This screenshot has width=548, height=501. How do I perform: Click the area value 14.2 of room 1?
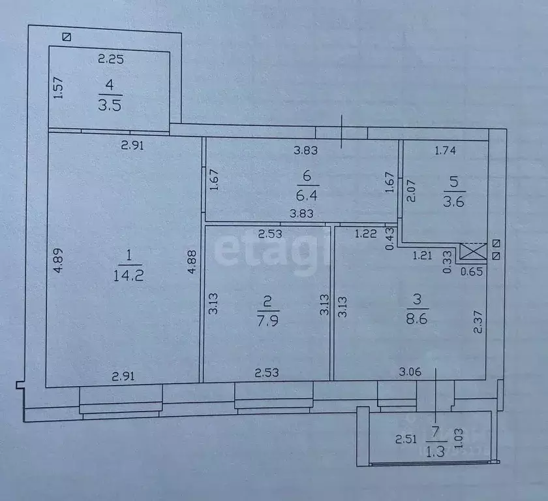(x=129, y=276)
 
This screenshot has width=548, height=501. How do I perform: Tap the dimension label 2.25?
(x=111, y=59)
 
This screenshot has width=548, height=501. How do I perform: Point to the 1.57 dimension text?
(x=58, y=88)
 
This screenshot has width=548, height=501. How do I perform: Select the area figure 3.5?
(x=110, y=105)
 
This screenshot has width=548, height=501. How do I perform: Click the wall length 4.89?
(x=58, y=260)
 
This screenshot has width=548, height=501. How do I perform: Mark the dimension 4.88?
(x=192, y=261)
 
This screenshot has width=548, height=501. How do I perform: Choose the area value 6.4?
(x=307, y=195)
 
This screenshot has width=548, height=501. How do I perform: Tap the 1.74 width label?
(x=445, y=150)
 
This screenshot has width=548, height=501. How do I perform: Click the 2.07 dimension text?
(x=411, y=191)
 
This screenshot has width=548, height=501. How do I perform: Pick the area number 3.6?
(x=453, y=202)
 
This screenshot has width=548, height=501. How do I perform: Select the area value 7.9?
(x=268, y=321)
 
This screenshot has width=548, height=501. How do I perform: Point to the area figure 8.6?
(x=417, y=319)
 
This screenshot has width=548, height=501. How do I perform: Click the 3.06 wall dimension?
(x=410, y=372)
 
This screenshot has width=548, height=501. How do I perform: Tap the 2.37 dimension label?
(x=478, y=322)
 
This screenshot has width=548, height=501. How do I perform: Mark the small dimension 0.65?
(x=472, y=271)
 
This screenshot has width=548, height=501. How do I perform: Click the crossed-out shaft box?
(x=473, y=251)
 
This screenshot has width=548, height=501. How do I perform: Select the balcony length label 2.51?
(x=406, y=439)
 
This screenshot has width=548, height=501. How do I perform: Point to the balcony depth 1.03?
(x=459, y=438)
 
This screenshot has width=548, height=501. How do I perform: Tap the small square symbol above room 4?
(x=67, y=37)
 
